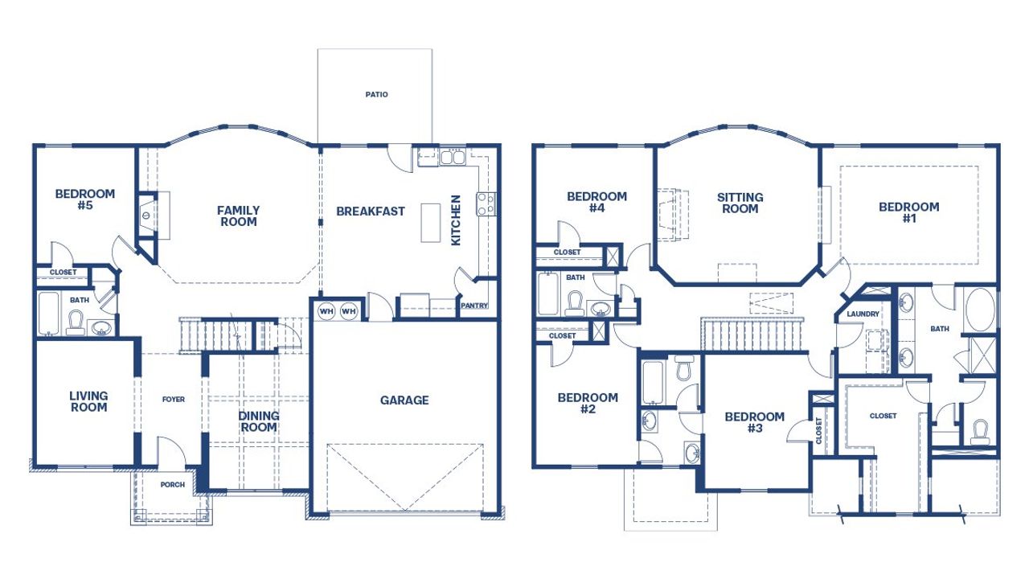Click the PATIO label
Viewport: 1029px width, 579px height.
376,95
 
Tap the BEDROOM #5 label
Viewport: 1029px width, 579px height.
84,199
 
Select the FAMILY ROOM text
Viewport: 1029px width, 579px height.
238,216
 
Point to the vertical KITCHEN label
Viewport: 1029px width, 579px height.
456,220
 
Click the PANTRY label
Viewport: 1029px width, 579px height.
474,306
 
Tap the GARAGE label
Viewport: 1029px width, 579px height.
404,400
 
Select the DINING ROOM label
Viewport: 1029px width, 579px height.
259,421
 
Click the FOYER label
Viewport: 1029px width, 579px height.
174,400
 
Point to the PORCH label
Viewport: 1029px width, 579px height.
173,485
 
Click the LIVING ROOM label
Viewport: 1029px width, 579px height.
88,402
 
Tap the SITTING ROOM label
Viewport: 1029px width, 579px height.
740,203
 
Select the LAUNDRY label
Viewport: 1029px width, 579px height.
863,314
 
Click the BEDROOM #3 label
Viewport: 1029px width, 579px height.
754,422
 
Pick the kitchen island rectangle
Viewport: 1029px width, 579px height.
432,222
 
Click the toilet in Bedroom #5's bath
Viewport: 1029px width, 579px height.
76,322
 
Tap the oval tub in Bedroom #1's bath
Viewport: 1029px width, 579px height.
980,310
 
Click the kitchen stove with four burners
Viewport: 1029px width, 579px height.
486,203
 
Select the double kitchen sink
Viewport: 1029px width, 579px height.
451,157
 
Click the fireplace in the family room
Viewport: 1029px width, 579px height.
146,216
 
